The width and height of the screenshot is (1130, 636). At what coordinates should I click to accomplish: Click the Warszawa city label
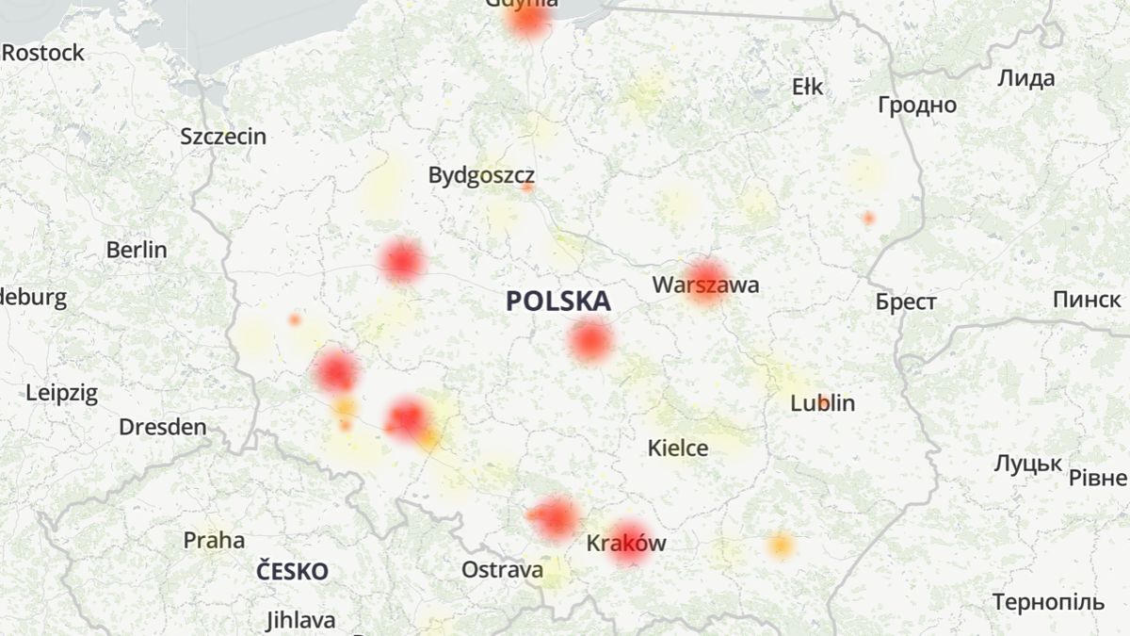[x=705, y=285]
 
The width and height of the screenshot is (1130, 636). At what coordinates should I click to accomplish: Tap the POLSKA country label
[x=558, y=302]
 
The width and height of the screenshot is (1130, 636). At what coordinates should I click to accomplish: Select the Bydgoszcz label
[x=481, y=175]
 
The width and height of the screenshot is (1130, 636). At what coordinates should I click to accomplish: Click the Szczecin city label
[x=223, y=137]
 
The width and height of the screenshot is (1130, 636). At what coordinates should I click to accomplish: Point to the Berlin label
[x=137, y=250]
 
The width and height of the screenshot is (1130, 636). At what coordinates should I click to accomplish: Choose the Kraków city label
[x=626, y=544]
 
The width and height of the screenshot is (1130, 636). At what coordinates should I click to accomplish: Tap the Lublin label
[x=823, y=404]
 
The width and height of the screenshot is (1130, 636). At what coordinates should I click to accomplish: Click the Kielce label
[x=678, y=448]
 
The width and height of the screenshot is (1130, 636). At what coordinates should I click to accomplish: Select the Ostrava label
[x=502, y=570]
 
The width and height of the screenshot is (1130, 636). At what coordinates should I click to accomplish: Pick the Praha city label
[x=214, y=541]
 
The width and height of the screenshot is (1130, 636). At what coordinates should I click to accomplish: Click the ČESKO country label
[x=293, y=572]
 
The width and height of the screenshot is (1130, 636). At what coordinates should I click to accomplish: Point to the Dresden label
[x=162, y=427]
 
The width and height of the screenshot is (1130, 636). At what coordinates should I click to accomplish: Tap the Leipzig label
[x=61, y=394]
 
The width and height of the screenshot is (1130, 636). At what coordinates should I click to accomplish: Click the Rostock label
[x=43, y=53]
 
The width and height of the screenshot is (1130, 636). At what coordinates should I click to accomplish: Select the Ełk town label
[x=807, y=88]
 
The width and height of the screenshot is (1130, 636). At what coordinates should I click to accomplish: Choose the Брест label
[x=906, y=302]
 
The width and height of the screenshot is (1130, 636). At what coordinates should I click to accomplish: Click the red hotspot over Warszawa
[x=705, y=279]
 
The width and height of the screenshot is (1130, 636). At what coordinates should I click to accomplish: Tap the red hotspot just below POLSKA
[x=590, y=341]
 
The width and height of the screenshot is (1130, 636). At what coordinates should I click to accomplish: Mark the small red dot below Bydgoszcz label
[x=527, y=188]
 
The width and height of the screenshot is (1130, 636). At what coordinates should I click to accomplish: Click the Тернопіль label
[x=1047, y=602]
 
